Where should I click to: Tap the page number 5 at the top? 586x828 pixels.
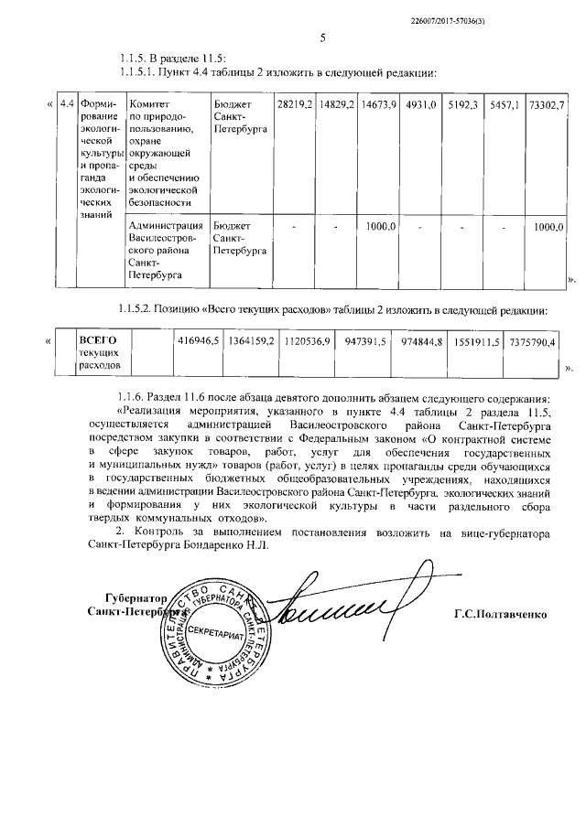(x=322, y=38)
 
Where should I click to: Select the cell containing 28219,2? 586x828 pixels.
(x=294, y=106)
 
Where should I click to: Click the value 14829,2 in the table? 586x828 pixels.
(x=336, y=106)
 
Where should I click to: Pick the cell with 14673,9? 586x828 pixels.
(x=377, y=106)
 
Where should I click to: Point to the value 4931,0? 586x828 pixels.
(x=420, y=106)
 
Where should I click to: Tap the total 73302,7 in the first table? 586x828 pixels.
(x=548, y=106)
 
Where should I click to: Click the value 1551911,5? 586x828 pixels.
(x=477, y=341)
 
